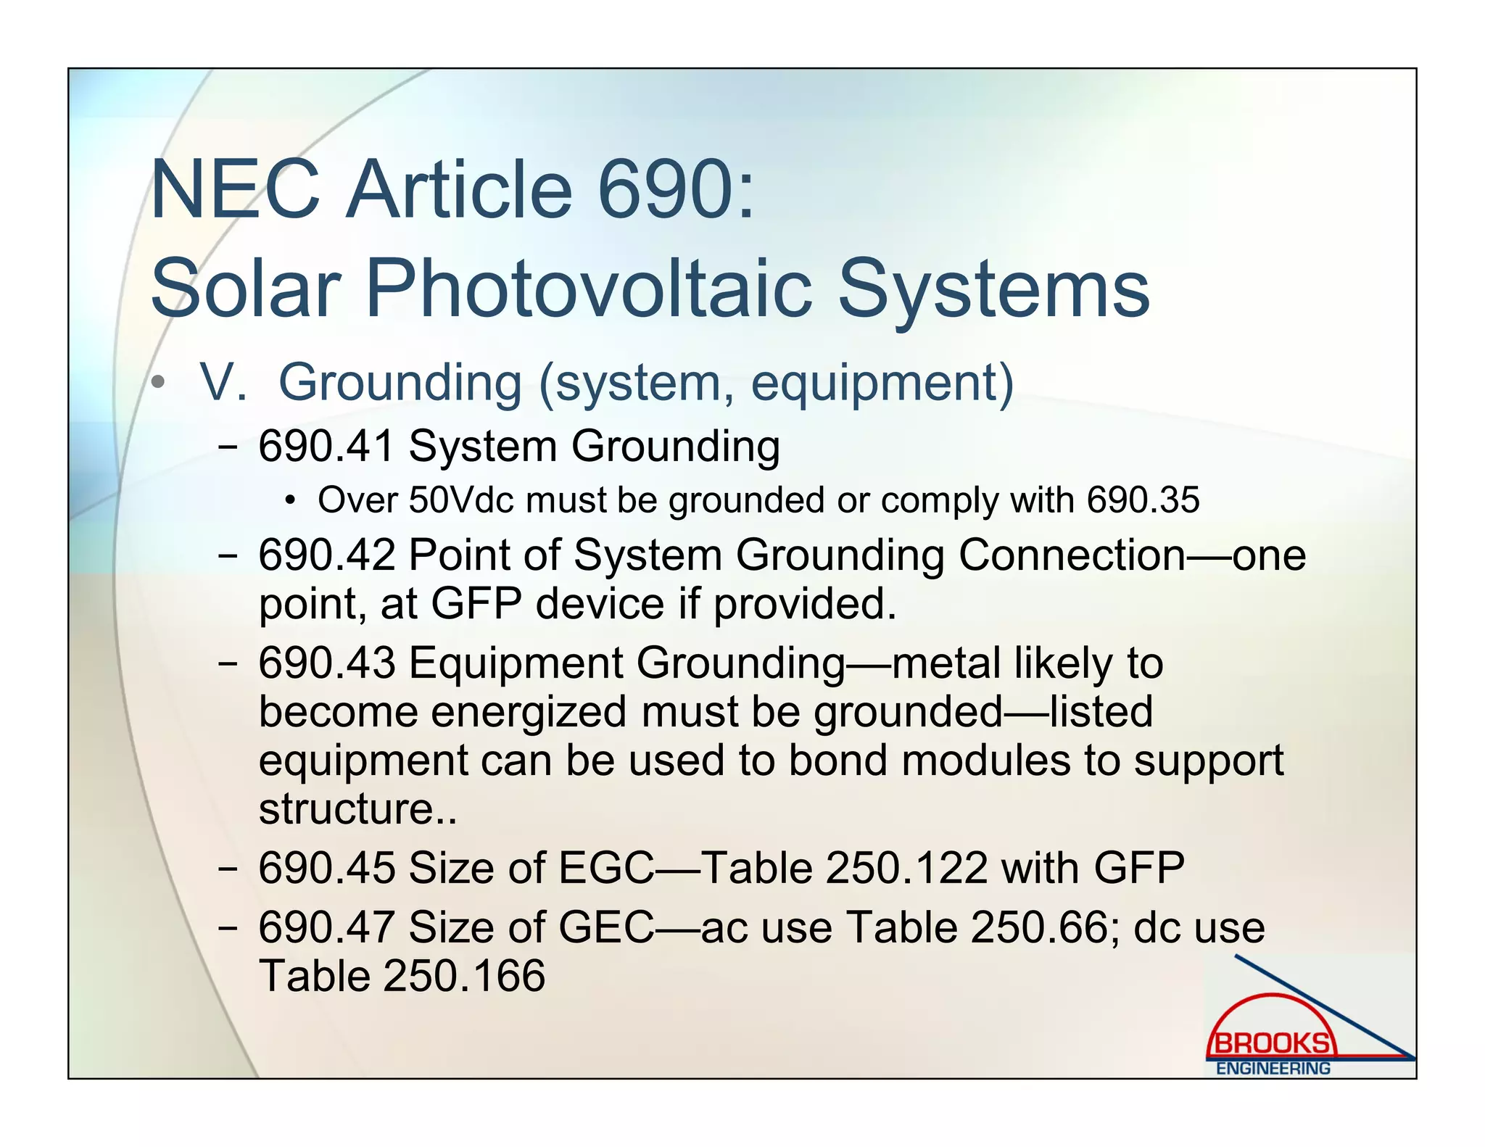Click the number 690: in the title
[x=676, y=190]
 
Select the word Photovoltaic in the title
[x=589, y=289]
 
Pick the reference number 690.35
[x=1143, y=500]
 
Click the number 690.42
[x=326, y=555]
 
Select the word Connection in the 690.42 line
[x=1072, y=555]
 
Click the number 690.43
[x=326, y=663]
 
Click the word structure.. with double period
[x=358, y=808]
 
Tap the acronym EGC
[x=606, y=867]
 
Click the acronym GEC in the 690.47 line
[x=606, y=927]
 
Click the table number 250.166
[x=464, y=976]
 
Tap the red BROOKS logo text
[x=1272, y=1043]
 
